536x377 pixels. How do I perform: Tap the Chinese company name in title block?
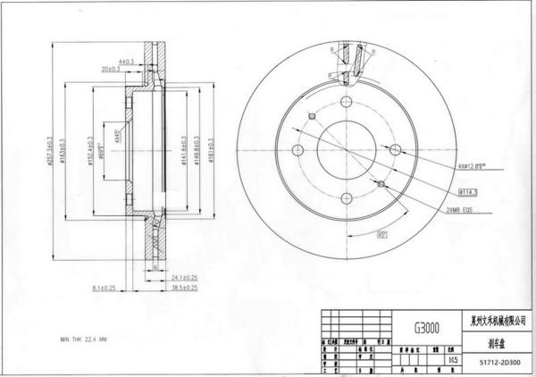pos(498,318)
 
